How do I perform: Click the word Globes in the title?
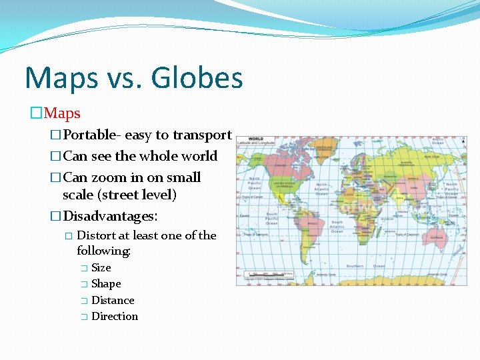(x=197, y=79)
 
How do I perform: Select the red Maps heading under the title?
(x=62, y=113)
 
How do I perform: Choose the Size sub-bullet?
(x=101, y=267)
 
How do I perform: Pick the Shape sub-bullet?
(x=106, y=283)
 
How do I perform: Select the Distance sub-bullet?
(x=113, y=300)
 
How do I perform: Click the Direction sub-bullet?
(x=115, y=316)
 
